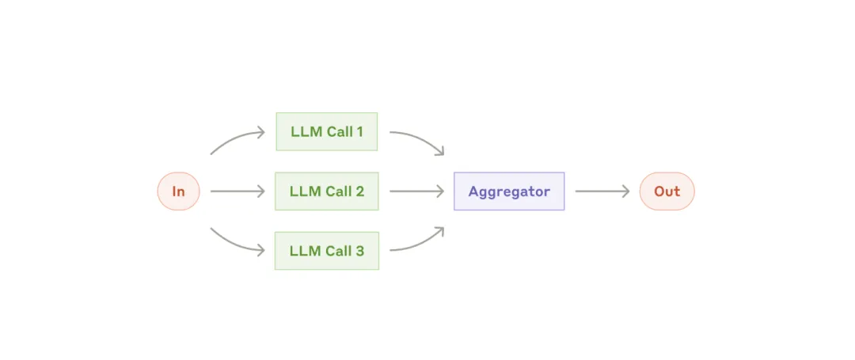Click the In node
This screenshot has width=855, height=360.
coord(178,191)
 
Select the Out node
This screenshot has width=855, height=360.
coord(667,191)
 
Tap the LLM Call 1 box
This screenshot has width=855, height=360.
coord(327,132)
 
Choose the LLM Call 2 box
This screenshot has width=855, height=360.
coord(327,191)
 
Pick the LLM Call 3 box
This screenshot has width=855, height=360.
coord(327,251)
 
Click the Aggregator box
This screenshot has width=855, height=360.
coord(509,191)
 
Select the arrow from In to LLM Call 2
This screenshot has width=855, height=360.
coord(237,191)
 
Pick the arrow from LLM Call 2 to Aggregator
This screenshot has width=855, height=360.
coord(417,191)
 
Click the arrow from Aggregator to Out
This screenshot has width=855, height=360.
coord(602,191)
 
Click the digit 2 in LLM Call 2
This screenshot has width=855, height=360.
coord(359,191)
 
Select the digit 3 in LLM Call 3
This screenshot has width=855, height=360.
coord(359,251)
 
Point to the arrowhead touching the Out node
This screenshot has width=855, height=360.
coord(625,191)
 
